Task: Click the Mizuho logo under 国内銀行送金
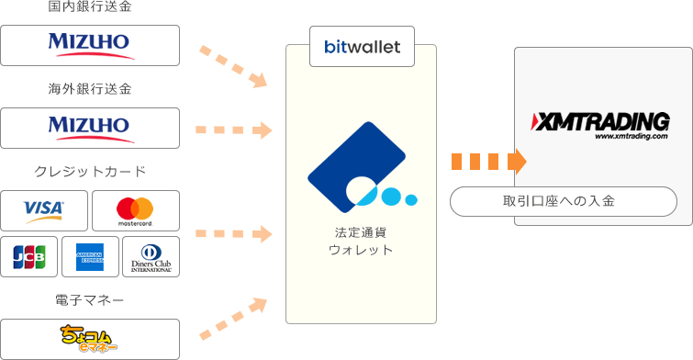90,45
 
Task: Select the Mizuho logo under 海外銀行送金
90,128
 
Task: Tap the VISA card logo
45,211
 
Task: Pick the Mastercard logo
135,211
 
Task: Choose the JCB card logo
29,258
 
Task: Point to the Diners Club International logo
152,258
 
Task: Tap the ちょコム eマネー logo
90,338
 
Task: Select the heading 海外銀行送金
90,90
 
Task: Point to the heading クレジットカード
90,172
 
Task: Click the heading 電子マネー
90,299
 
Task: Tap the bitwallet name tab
362,46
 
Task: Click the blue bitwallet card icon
359,165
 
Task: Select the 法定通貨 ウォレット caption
361,241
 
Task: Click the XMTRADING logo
601,123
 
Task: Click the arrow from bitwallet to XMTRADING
488,162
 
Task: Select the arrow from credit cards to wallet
234,233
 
